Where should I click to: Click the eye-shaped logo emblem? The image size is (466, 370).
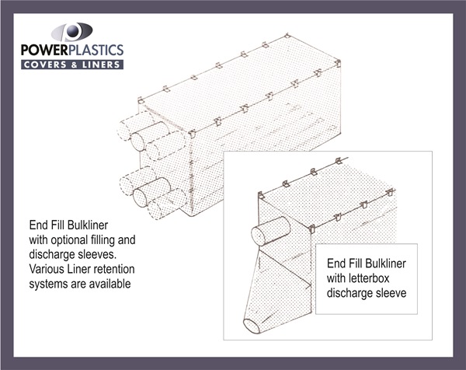tap(71, 32)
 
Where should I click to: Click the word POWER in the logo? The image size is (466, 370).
tap(44, 50)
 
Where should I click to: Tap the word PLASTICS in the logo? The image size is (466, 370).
tap(96, 50)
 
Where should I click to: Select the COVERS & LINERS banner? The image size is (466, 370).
tap(72, 65)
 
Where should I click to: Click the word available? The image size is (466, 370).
tap(110, 284)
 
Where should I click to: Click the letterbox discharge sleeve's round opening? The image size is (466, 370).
tap(252, 326)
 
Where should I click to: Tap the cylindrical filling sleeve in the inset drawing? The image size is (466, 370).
tap(270, 231)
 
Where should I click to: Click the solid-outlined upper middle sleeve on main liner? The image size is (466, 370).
tap(150, 136)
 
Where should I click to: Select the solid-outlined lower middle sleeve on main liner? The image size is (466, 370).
tap(152, 192)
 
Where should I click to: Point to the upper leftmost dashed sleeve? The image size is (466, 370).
tap(135, 125)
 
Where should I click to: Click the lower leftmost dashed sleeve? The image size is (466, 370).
tap(137, 180)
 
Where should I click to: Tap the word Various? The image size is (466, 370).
tap(44, 269)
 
